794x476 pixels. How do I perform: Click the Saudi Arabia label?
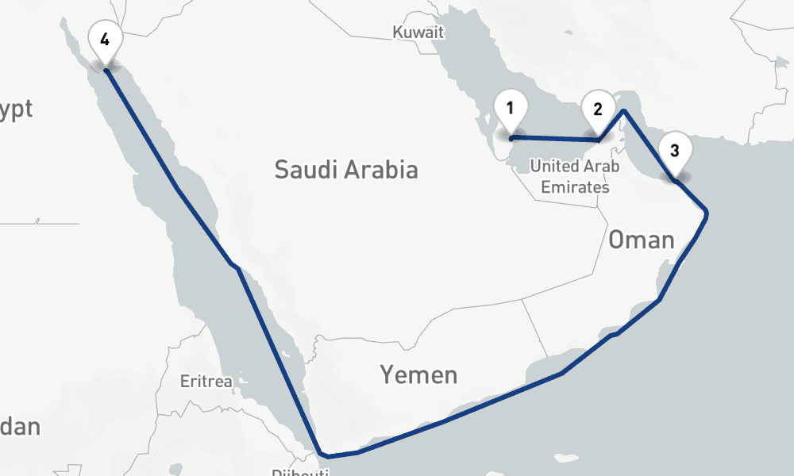[x=345, y=169]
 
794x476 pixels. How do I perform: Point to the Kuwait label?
[x=418, y=33]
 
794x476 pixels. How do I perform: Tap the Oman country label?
[x=642, y=240]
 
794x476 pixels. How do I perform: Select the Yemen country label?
[x=418, y=374]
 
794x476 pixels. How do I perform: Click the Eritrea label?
[x=206, y=382]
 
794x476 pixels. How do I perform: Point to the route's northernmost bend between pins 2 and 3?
[x=624, y=111]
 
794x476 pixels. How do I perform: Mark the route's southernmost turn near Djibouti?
[x=323, y=456]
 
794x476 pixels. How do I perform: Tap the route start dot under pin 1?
[x=511, y=138]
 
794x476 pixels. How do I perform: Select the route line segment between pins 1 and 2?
[x=556, y=140]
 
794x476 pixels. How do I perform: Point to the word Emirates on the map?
[x=575, y=188]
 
